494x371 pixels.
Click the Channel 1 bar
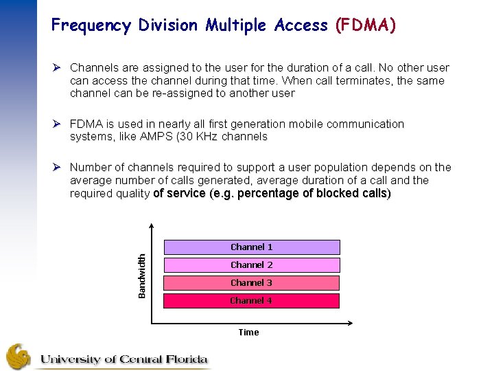[x=251, y=247]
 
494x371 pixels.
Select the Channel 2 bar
[x=251, y=265]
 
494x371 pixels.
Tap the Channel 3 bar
[x=251, y=283]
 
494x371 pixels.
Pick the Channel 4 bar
[x=251, y=301]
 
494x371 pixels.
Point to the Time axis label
[x=248, y=333]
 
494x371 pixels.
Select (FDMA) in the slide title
[x=365, y=26]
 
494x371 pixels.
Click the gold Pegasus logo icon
[x=19, y=356]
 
